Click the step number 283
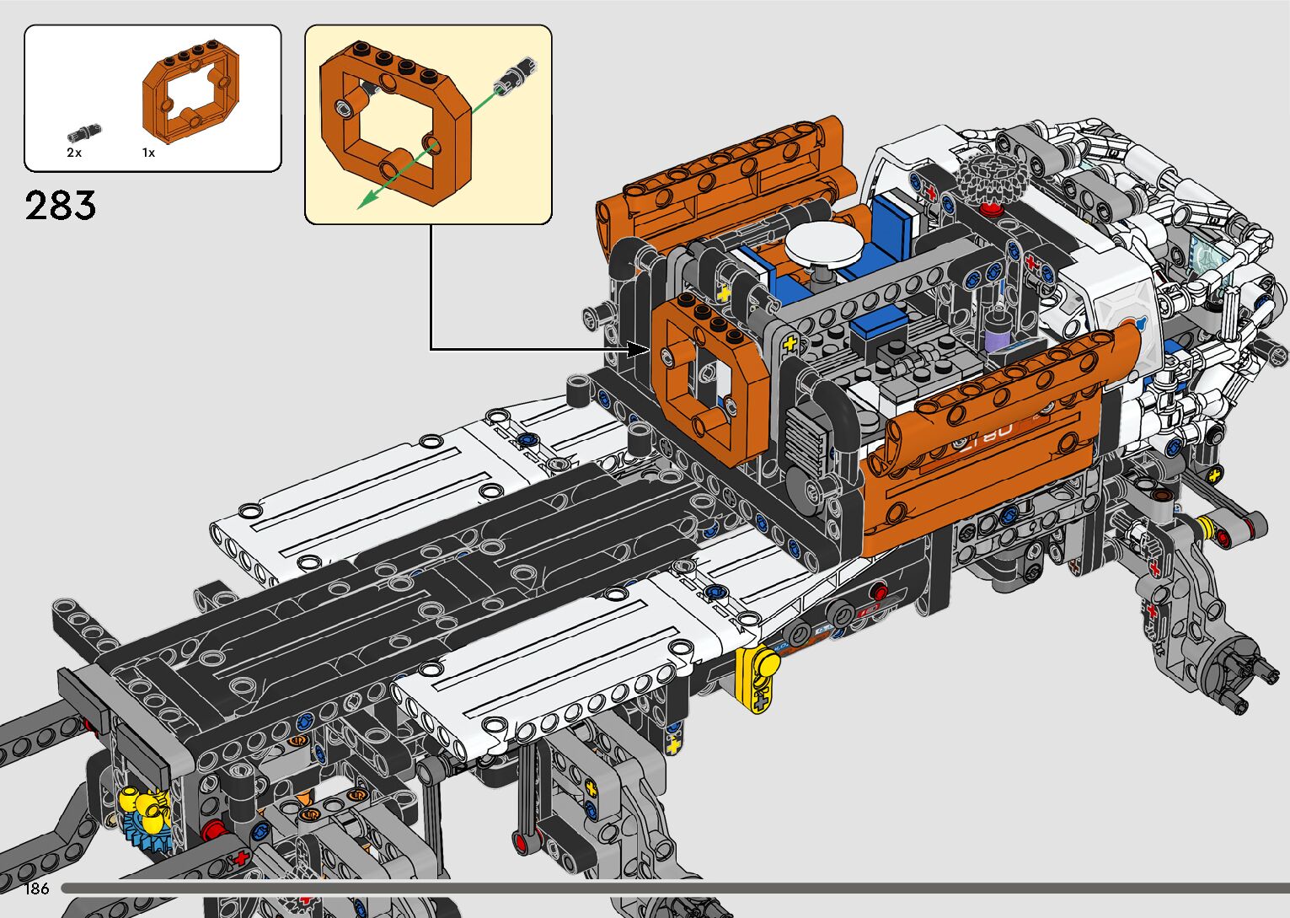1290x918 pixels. pyautogui.click(x=61, y=205)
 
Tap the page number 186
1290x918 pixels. pyautogui.click(x=36, y=888)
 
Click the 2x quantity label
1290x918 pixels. pyautogui.click(x=74, y=153)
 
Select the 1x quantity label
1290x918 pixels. pyautogui.click(x=148, y=153)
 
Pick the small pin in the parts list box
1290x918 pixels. pyautogui.click(x=84, y=133)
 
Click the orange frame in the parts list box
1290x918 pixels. pyautogui.click(x=190, y=92)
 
